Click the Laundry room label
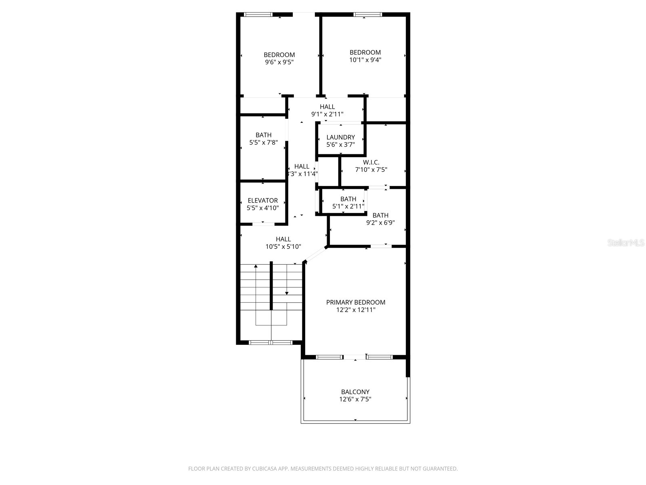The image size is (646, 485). click(x=340, y=137)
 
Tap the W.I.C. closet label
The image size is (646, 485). click(x=371, y=162)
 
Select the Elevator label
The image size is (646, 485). click(x=263, y=200)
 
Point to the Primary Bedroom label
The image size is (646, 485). click(x=356, y=302)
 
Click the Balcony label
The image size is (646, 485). click(x=355, y=392)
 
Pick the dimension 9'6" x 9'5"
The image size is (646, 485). click(x=279, y=62)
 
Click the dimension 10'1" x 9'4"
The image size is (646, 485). click(x=365, y=60)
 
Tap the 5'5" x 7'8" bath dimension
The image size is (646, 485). click(x=264, y=142)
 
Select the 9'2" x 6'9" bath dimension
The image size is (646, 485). click(x=380, y=223)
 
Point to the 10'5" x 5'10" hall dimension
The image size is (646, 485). click(x=283, y=247)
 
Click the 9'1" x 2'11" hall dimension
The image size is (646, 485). click(x=327, y=114)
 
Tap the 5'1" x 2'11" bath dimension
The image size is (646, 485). click(x=348, y=207)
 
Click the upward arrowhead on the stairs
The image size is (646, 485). click(x=256, y=266)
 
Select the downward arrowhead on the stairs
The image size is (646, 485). click(x=287, y=293)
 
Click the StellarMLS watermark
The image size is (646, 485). click(x=626, y=243)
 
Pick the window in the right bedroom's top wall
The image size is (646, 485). click(x=367, y=15)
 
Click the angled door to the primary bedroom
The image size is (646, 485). click(x=315, y=255)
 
